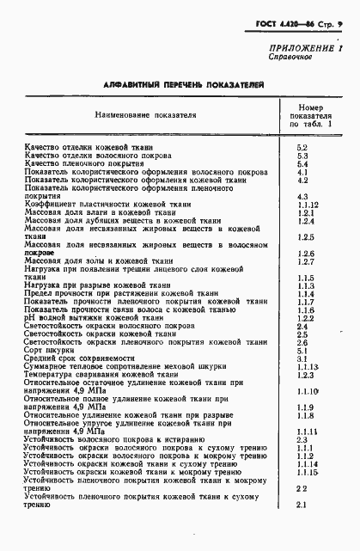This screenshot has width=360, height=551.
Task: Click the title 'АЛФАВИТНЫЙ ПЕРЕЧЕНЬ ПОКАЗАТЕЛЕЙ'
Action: pos(183,86)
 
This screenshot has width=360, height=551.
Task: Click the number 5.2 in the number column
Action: pos(302,148)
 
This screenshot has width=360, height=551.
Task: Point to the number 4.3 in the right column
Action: pos(302,196)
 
